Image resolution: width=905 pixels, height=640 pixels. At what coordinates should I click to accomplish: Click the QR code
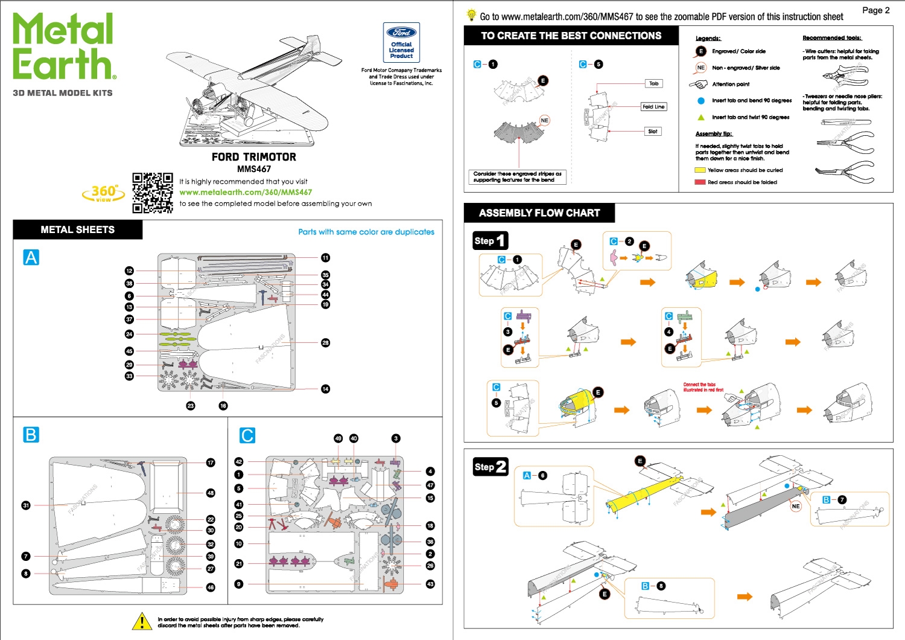click(x=153, y=193)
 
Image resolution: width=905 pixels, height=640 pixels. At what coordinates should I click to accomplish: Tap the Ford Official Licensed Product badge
click(x=402, y=42)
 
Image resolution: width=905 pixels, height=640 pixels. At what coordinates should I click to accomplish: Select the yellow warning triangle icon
click(x=142, y=621)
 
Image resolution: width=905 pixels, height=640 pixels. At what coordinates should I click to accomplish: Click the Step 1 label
click(x=490, y=241)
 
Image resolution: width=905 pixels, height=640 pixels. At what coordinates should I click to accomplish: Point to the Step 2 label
click(x=490, y=467)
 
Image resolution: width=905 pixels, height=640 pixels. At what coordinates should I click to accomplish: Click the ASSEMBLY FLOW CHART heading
click(x=539, y=213)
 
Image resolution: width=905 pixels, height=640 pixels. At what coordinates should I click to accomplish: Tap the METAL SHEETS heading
click(x=77, y=230)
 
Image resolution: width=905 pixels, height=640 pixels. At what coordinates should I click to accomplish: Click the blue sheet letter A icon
click(x=31, y=258)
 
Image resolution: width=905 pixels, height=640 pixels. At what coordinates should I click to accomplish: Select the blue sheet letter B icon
click(x=31, y=435)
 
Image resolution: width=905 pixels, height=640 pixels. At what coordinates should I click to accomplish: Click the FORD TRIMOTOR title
click(x=254, y=157)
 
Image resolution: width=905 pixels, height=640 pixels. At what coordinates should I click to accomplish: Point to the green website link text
click(x=246, y=193)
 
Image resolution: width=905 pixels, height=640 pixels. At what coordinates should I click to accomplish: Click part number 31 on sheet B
click(x=26, y=505)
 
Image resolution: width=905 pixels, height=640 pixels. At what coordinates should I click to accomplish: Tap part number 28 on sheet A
click(x=326, y=343)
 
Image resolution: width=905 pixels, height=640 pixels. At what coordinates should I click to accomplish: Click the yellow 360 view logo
click(x=104, y=193)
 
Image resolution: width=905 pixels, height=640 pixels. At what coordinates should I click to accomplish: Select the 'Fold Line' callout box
click(x=653, y=107)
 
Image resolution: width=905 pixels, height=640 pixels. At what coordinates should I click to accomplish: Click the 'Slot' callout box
click(x=653, y=131)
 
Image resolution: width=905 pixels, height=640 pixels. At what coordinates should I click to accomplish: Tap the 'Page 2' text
click(x=875, y=10)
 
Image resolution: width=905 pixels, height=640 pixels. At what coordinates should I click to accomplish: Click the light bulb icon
click(x=471, y=16)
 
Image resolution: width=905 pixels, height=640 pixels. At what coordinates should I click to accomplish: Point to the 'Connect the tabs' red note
click(x=703, y=387)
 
